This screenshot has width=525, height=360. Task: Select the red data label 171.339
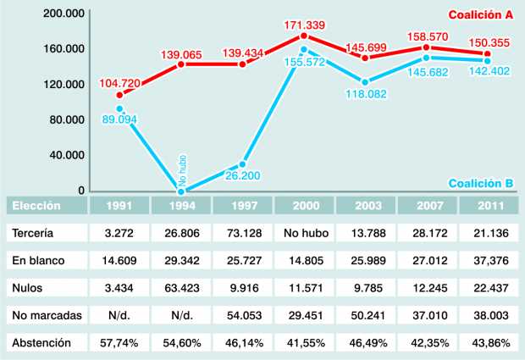[305, 23]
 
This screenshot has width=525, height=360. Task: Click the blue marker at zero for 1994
[181, 191]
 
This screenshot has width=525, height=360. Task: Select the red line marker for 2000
[304, 36]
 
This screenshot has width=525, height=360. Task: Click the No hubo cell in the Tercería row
[303, 232]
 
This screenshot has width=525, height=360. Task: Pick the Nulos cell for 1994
[180, 287]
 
